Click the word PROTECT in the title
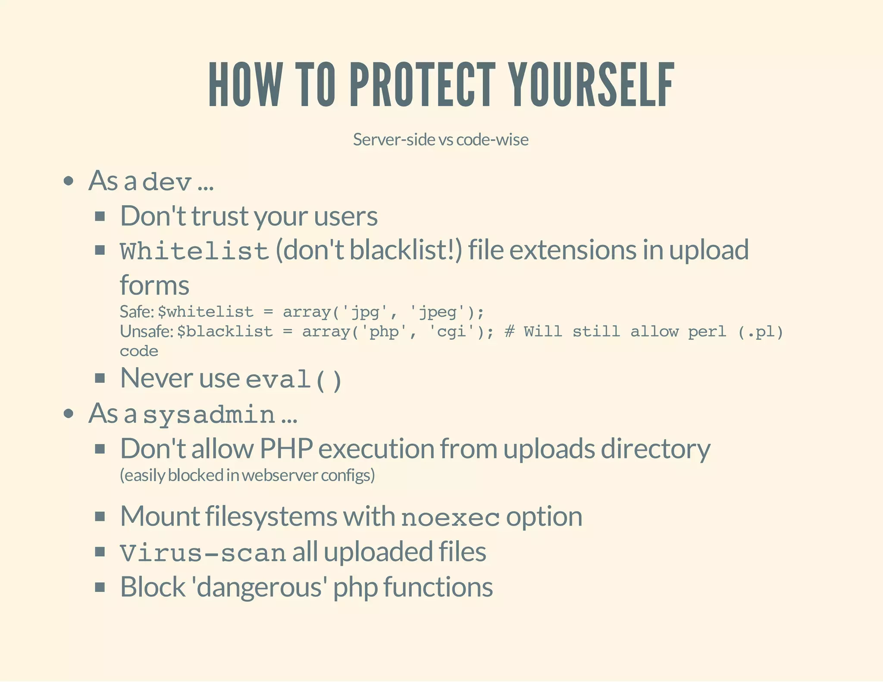[422, 84]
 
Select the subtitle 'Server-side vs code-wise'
[441, 140]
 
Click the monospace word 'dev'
[167, 181]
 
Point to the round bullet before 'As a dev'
[69, 181]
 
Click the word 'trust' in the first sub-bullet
[220, 216]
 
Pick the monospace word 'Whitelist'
[194, 251]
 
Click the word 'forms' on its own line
[154, 285]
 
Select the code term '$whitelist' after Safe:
[206, 312]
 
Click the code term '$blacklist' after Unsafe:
[225, 332]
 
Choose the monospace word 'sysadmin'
[209, 414]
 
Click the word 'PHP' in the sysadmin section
[286, 449]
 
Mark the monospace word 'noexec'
[450, 517]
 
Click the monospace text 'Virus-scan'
[203, 553]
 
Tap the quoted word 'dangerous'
[259, 587]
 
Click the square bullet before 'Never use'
[100, 379]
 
